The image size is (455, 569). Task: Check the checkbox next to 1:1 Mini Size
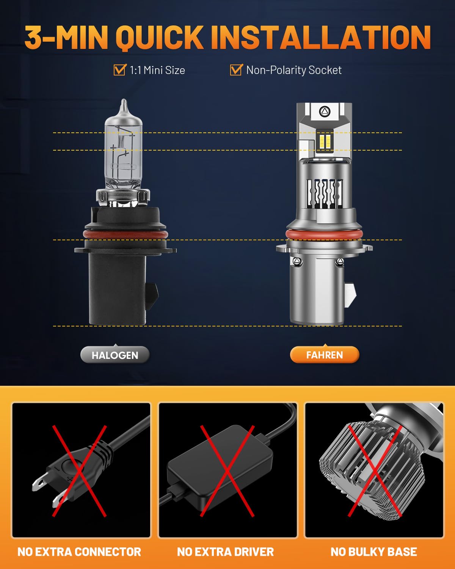coord(119,70)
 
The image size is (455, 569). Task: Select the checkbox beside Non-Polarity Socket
coord(236,70)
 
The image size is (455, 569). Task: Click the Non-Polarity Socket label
coord(294,70)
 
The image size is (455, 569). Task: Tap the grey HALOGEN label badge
coord(115,355)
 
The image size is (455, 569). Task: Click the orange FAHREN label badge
coord(324,355)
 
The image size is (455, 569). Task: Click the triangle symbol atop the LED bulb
coord(325,111)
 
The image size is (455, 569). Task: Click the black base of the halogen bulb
coord(118,288)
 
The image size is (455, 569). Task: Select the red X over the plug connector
coord(79,470)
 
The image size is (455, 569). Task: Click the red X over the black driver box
coord(227,470)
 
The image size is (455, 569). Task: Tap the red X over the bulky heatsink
coord(375,470)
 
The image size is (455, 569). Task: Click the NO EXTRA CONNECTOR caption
coord(79,552)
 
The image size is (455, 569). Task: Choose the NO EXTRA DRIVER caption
coord(225,552)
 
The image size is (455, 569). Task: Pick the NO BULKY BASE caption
coord(373,552)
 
